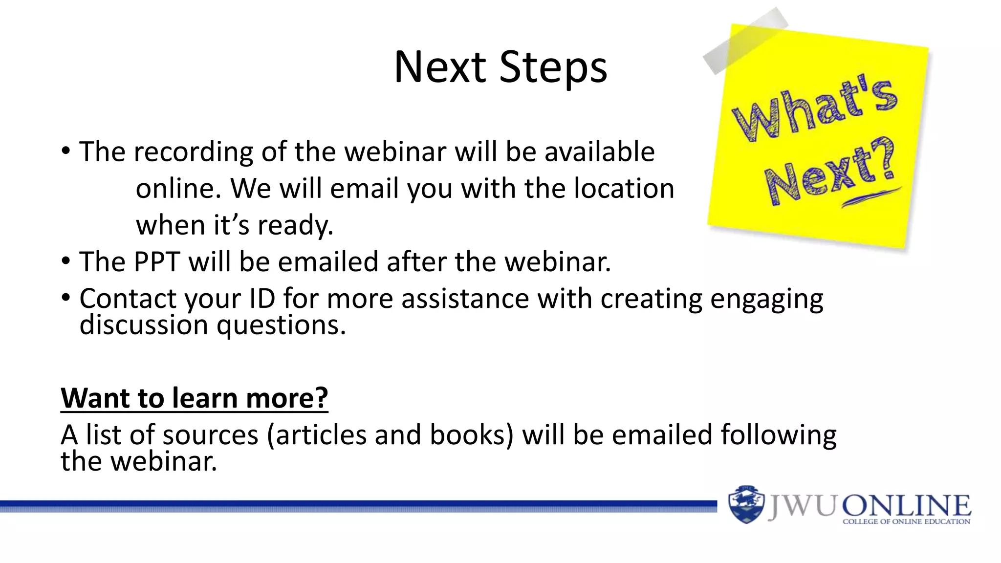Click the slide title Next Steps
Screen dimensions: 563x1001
[500, 67]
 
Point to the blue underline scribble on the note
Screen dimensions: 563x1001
[870, 197]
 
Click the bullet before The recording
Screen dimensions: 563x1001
[66, 151]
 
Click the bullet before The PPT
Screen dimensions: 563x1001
[66, 261]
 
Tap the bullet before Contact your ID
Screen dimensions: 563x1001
[66, 298]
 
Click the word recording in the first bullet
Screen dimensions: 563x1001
[193, 152]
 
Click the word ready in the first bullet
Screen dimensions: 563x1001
[295, 226]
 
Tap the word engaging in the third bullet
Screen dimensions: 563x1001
[766, 299]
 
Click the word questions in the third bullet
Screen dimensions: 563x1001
[281, 325]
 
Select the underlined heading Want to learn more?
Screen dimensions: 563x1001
[194, 398]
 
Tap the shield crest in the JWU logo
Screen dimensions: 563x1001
[745, 505]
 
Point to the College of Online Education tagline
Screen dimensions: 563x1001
[906, 522]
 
